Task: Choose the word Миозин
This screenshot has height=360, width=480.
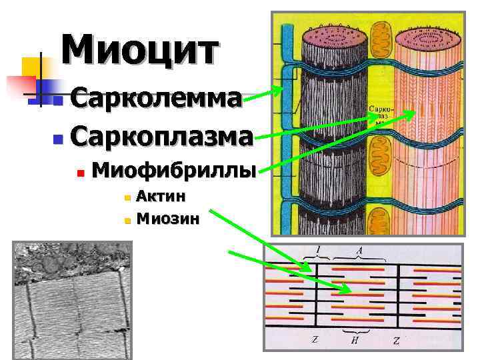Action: [167, 217]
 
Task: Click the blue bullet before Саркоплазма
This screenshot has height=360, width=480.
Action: [57, 139]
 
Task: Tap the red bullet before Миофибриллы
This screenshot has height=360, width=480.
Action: [79, 173]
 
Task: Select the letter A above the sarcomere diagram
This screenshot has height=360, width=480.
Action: [359, 251]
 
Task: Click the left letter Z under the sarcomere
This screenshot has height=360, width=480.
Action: [315, 341]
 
